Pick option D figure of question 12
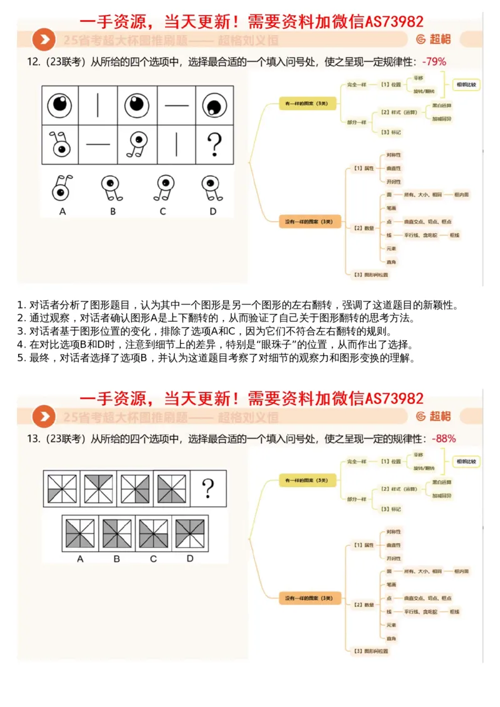point(212,187)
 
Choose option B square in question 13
point(117,534)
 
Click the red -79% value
point(434,62)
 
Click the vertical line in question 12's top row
point(98,105)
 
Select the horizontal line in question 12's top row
point(176,105)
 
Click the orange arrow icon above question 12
point(44,41)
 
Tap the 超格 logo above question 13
point(434,416)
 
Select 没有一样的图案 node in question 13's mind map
point(310,598)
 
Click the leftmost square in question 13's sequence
point(61,487)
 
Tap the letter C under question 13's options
point(153,559)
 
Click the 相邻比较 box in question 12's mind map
point(466,84)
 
